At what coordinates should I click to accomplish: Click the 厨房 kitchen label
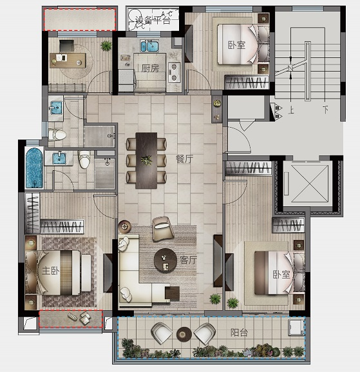click(150, 68)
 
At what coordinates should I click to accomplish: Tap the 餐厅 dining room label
click(184, 159)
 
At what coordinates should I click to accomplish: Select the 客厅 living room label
click(188, 260)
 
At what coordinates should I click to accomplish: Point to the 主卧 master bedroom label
click(51, 271)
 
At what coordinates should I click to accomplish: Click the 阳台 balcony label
click(239, 333)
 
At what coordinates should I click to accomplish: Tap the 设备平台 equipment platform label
click(153, 21)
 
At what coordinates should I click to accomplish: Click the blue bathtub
click(34, 168)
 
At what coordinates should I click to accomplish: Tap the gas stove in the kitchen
click(174, 72)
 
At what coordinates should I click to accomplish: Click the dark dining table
click(146, 161)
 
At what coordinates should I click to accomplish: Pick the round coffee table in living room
click(165, 260)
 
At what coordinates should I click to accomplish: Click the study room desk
click(68, 60)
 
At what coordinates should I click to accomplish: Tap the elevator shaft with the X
click(310, 184)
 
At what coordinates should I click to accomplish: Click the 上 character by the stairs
click(291, 110)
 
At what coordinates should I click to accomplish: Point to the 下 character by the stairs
click(326, 110)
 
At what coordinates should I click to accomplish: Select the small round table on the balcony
click(184, 334)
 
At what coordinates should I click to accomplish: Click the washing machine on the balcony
click(296, 328)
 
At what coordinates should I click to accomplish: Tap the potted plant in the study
click(106, 46)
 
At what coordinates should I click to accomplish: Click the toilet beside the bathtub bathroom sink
click(84, 159)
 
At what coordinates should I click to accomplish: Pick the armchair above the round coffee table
click(163, 228)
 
